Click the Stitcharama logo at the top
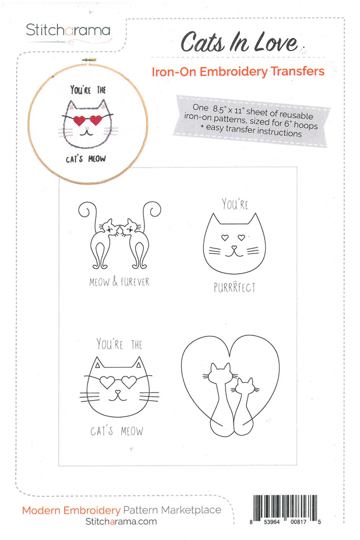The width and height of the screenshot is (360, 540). click(68, 30)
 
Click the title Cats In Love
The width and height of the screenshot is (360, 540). click(239, 42)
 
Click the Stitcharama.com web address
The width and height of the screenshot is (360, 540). click(121, 521)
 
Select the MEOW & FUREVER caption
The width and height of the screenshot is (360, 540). click(119, 282)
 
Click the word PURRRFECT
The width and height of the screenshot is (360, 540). click(235, 287)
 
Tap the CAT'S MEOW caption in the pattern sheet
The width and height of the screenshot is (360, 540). click(116, 431)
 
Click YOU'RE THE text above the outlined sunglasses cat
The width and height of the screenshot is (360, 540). click(119, 344)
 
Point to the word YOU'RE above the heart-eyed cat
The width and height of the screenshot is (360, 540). click(235, 204)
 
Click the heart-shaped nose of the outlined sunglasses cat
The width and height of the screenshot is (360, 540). click(119, 392)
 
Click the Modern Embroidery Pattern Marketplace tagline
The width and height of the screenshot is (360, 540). click(121, 510)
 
